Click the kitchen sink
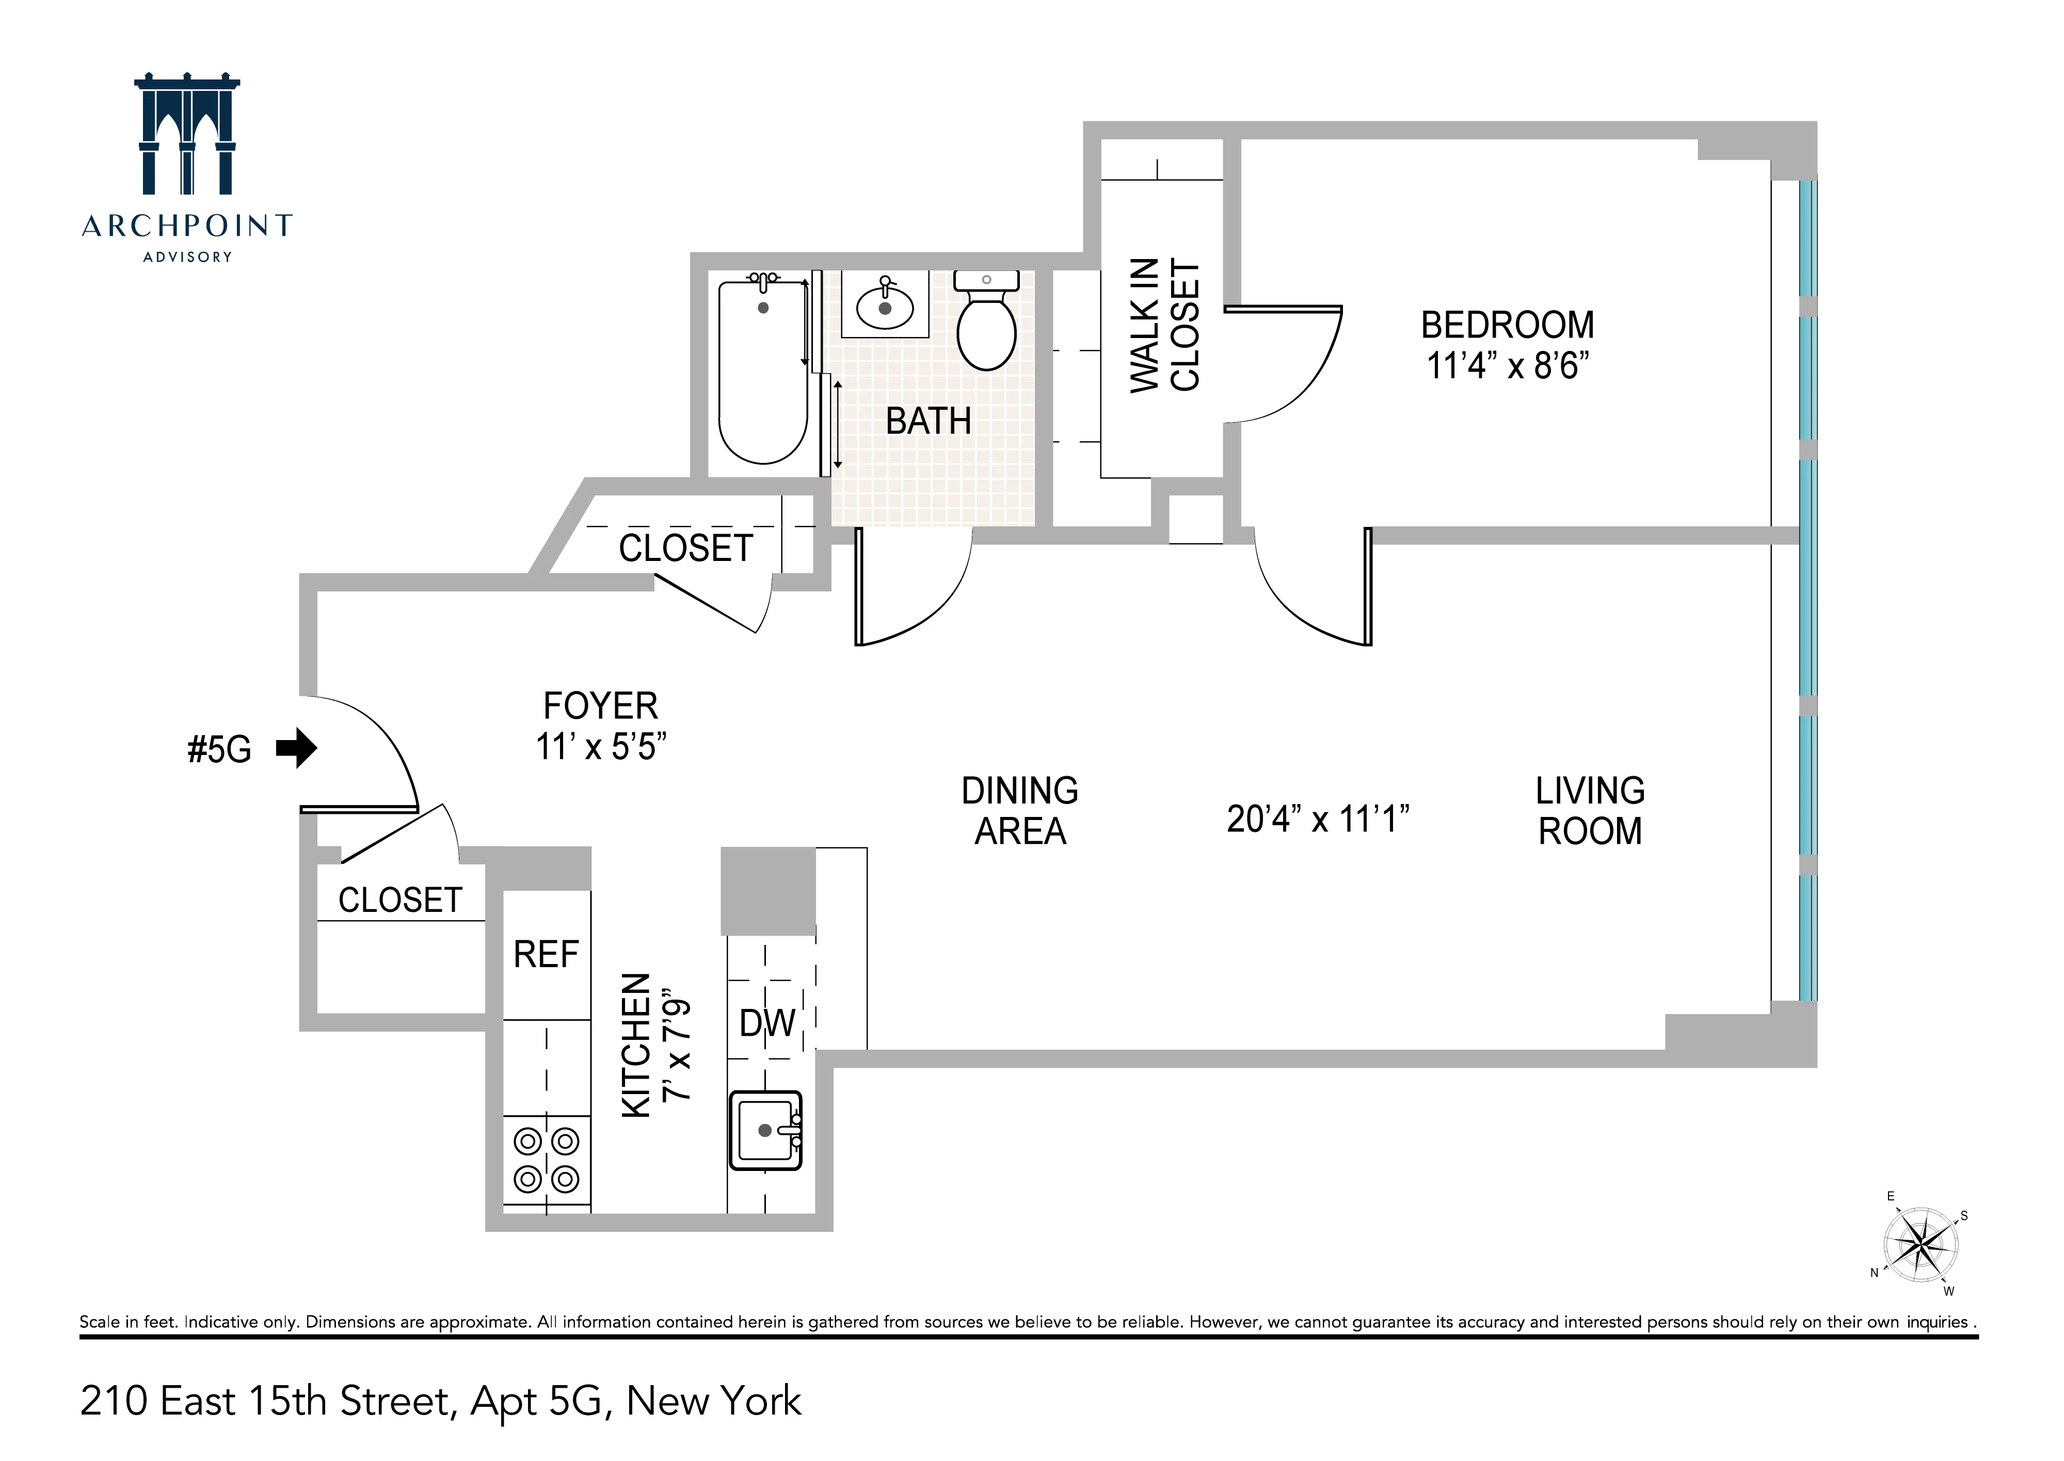pos(765,1130)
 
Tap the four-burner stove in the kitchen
pos(546,1161)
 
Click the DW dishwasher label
pos(766,1023)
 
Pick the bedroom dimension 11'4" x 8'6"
pos(1507,366)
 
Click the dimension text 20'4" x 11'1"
pos(1317,820)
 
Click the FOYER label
pos(600,706)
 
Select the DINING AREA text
pos(1019,811)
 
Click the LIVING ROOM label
pos(1590,811)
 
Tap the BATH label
pos(927,421)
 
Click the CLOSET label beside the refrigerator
pos(399,900)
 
